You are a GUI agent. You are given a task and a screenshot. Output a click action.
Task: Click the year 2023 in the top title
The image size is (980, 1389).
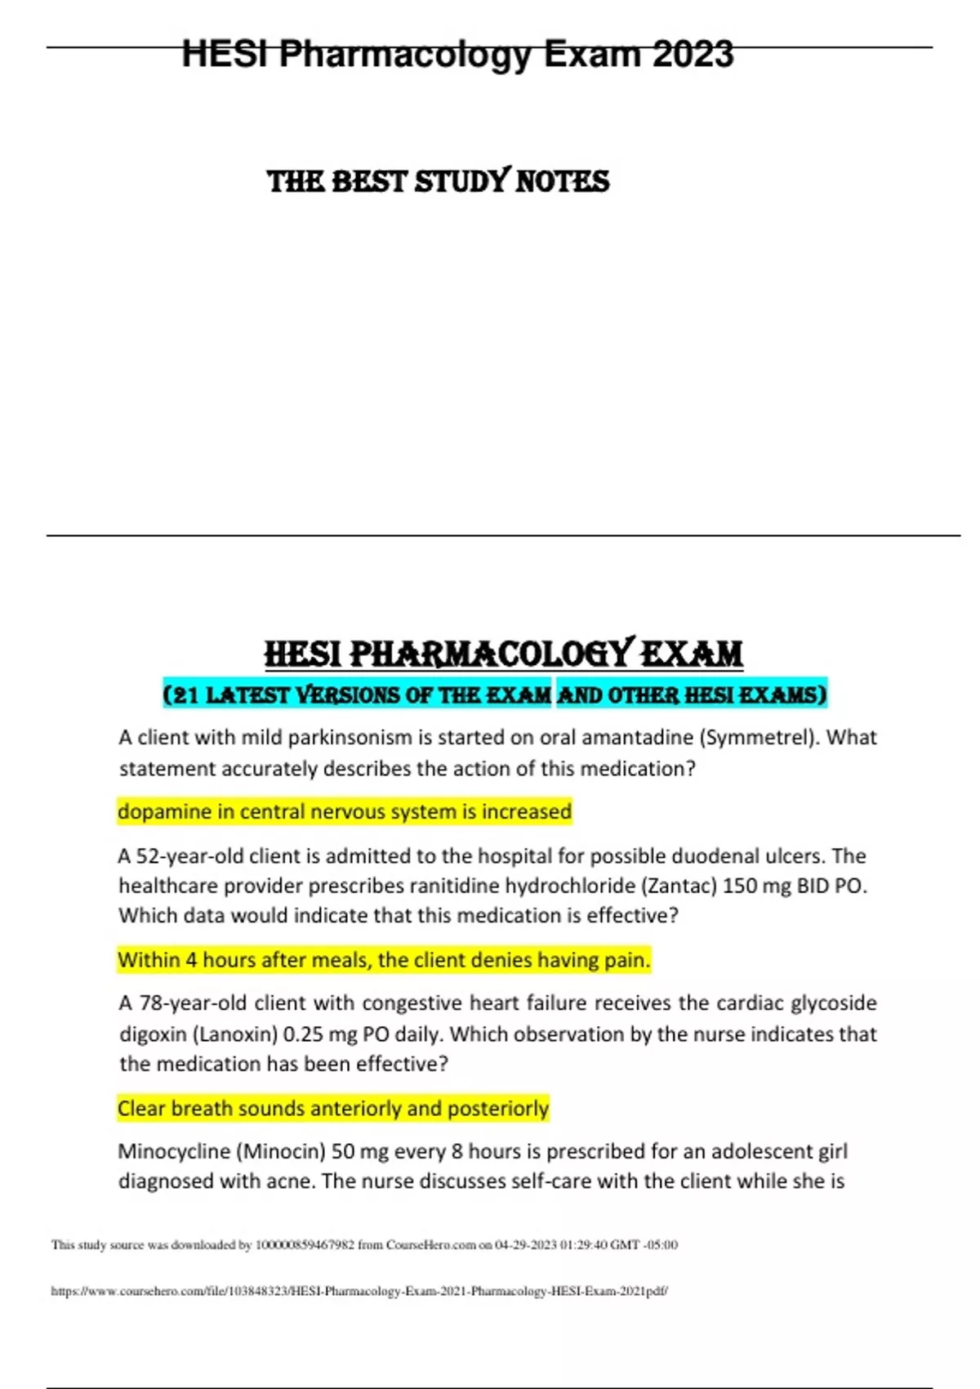coord(693,55)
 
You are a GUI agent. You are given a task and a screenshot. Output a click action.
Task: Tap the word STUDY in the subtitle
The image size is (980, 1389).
coord(463,181)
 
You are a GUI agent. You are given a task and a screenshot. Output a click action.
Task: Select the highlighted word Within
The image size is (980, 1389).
coord(148,960)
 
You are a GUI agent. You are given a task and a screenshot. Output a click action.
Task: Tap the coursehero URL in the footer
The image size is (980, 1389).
coord(359,1292)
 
